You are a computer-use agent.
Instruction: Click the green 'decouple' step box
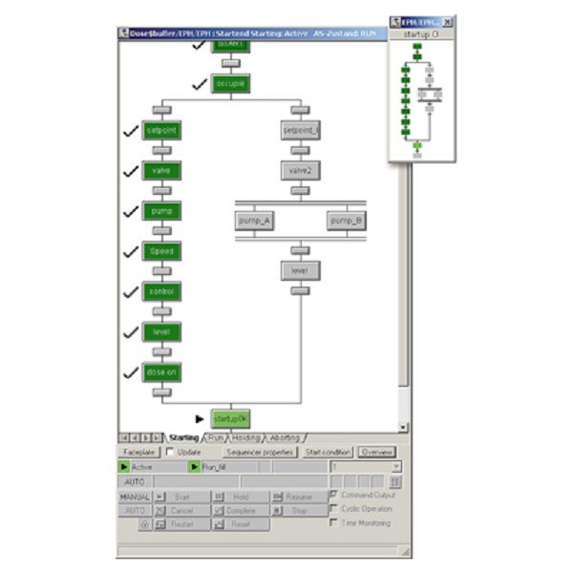pos(230,84)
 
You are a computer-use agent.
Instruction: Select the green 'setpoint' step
pos(161,130)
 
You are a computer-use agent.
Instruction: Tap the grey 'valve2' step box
pos(300,171)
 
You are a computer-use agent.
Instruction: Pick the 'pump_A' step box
pos(255,221)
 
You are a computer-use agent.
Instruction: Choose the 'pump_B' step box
pos(346,221)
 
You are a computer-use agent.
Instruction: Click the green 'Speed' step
pos(161,252)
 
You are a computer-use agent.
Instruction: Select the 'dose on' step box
pos(161,371)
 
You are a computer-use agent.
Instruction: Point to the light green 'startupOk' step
pos(230,418)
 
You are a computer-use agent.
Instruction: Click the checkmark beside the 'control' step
pos(131,290)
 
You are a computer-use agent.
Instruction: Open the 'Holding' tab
pos(246,437)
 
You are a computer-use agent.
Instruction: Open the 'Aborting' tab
pos(285,437)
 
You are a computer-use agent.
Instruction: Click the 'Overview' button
pos(376,452)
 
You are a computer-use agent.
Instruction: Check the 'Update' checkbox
pos(170,452)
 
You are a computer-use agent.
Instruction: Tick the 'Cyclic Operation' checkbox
pos(333,509)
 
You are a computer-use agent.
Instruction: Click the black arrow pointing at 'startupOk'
pos(199,418)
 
